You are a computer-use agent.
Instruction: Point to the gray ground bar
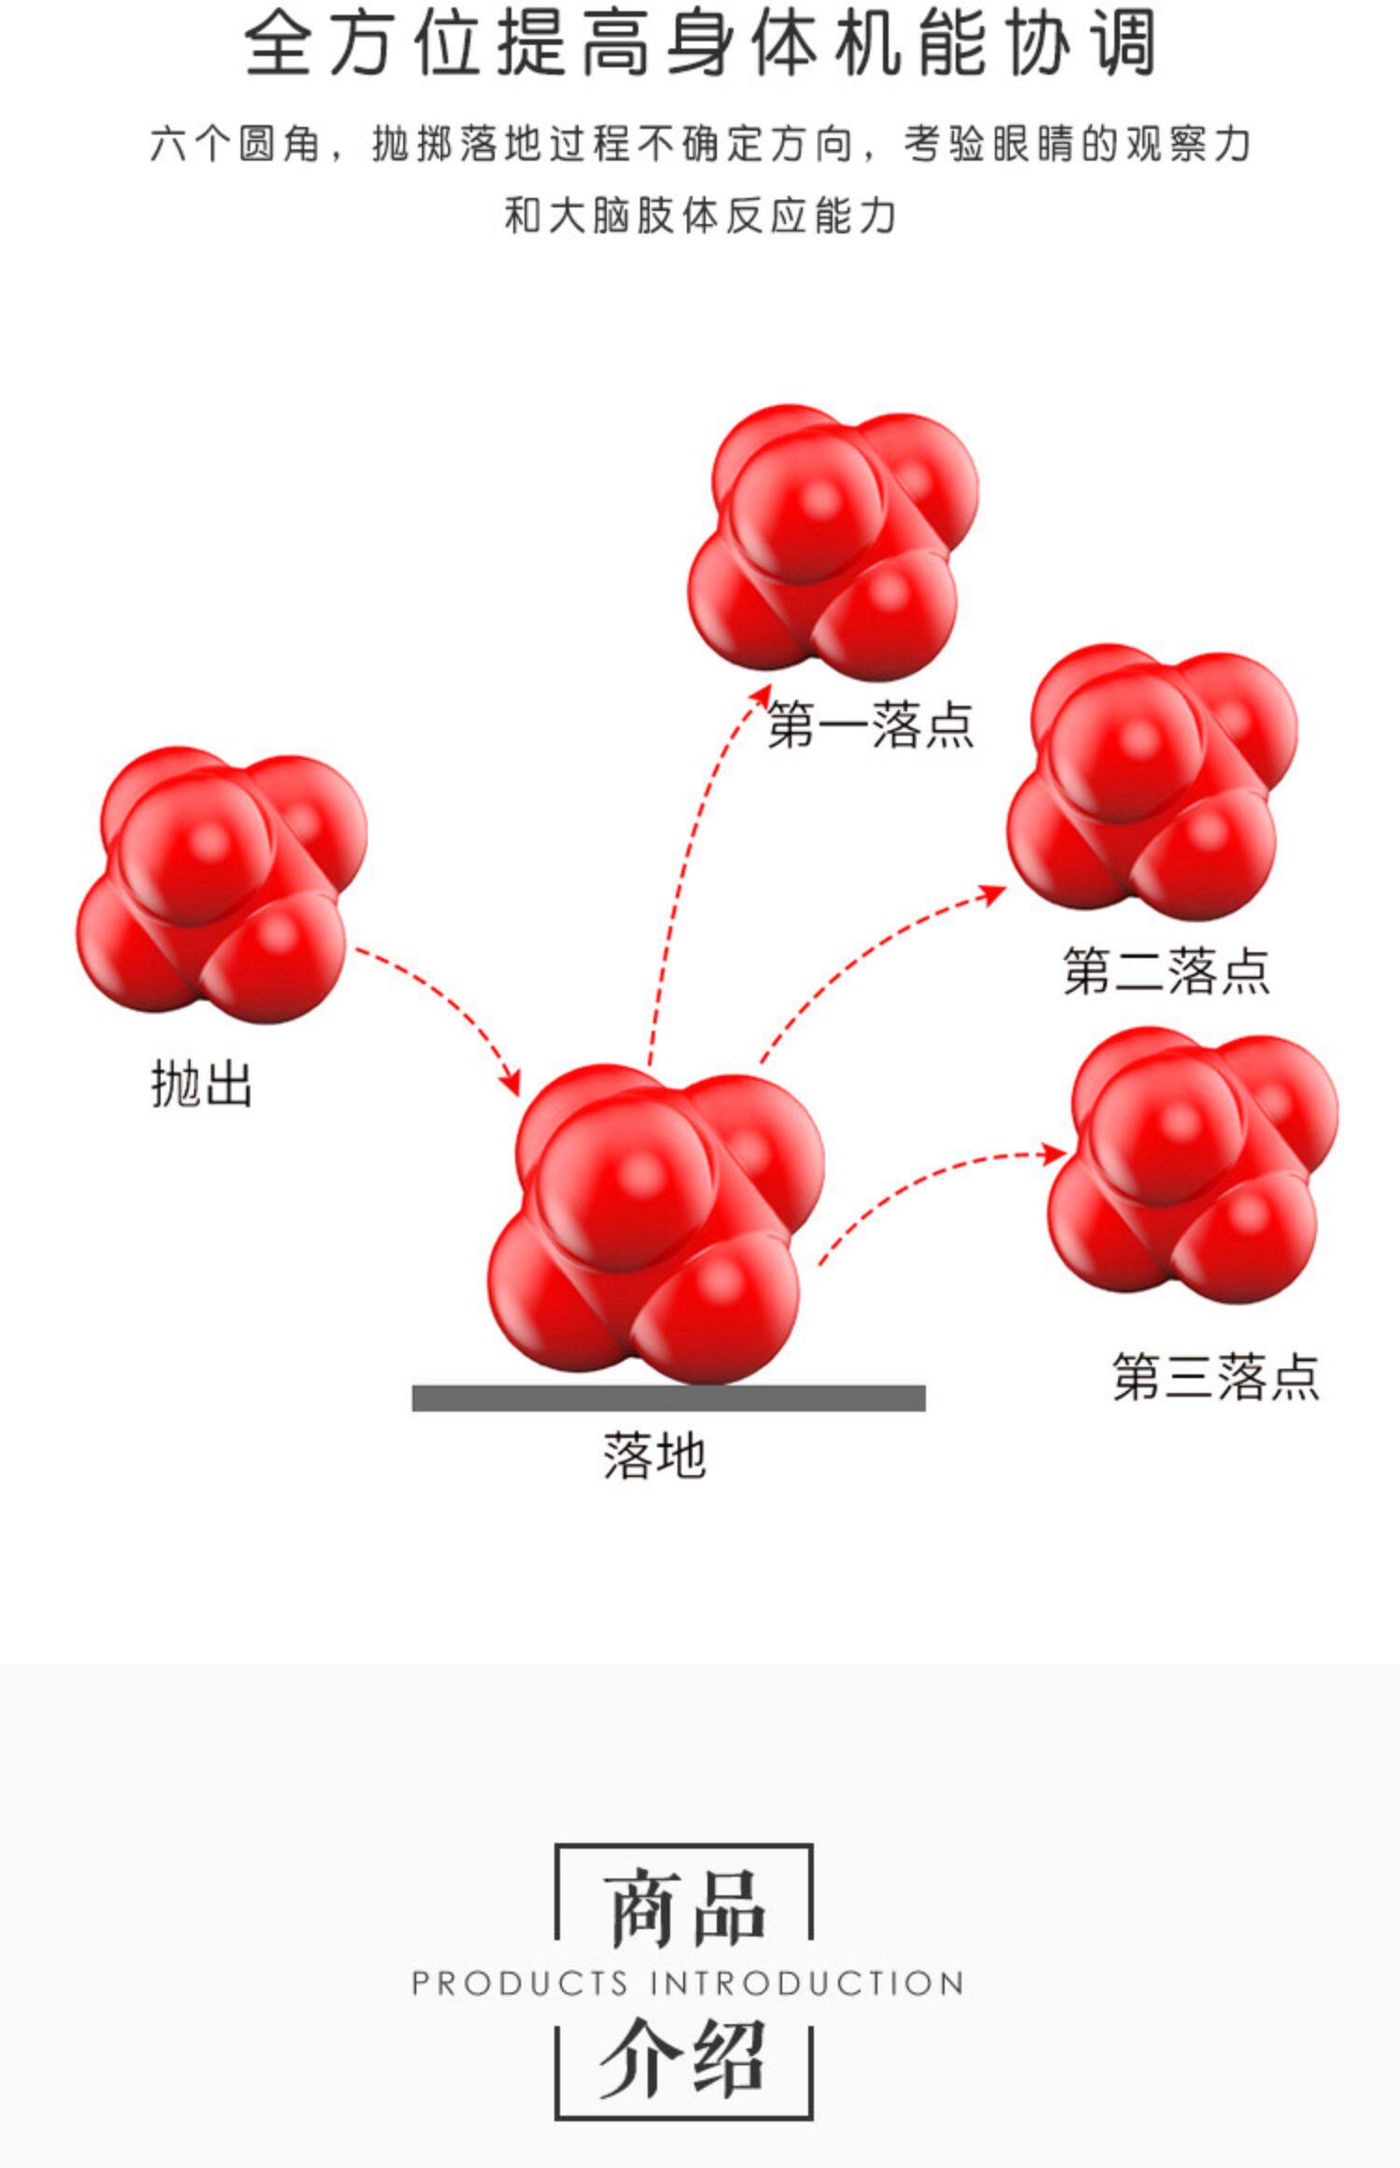click(668, 1398)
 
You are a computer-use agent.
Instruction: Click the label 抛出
click(202, 1085)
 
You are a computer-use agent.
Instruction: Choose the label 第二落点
click(1166, 970)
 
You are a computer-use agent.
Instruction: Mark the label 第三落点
click(1215, 1376)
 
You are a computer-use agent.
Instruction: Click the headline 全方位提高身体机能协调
click(700, 44)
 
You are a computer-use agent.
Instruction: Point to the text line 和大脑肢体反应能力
click(700, 216)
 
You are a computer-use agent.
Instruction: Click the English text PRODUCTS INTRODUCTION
click(688, 1982)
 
